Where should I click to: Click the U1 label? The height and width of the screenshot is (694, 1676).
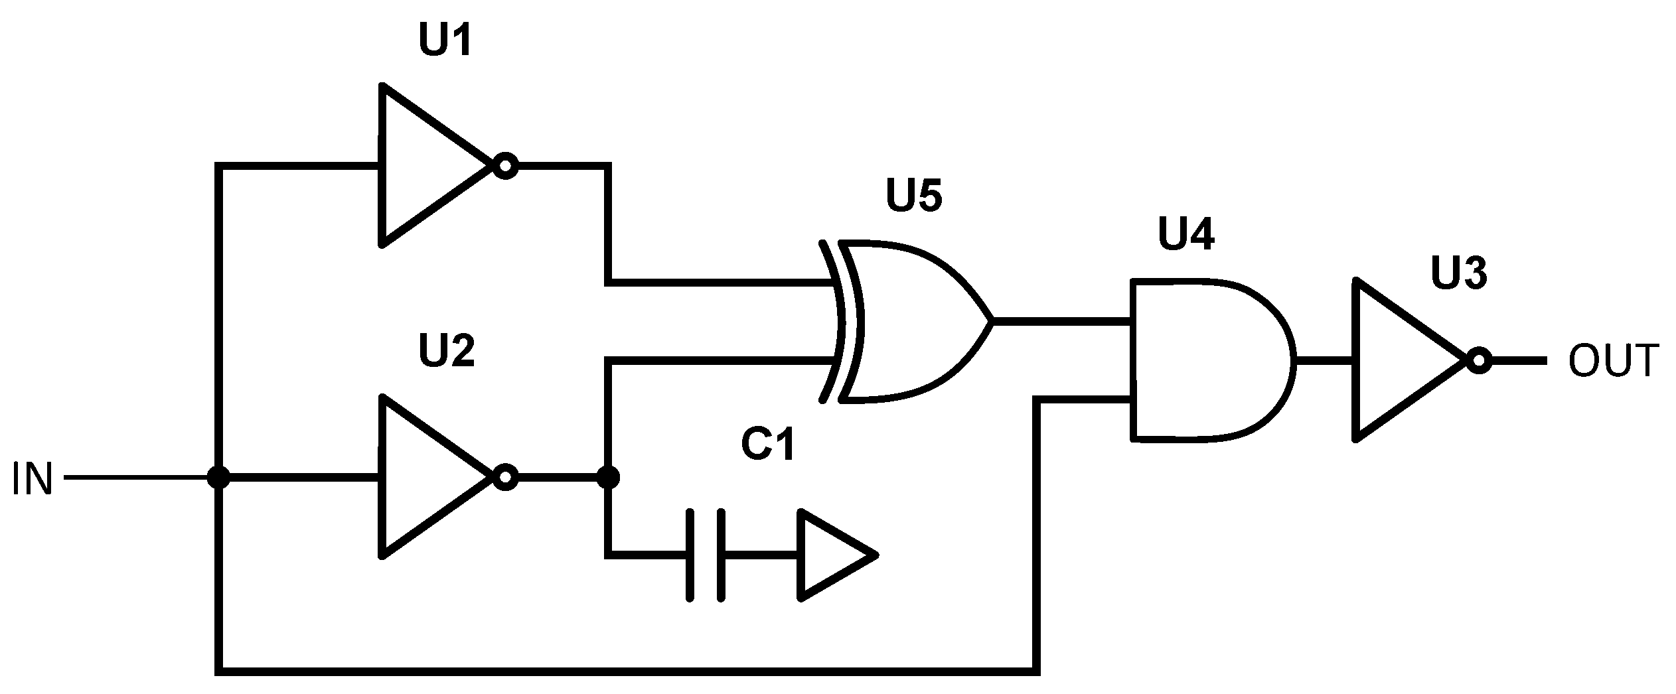click(445, 42)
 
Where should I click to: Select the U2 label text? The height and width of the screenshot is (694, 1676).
click(447, 351)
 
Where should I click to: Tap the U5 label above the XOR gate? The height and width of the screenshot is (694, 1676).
click(913, 196)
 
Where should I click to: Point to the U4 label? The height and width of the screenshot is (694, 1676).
click(1186, 234)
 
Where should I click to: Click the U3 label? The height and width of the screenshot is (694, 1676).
click(1459, 273)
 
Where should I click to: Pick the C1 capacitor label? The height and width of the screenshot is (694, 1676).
click(768, 444)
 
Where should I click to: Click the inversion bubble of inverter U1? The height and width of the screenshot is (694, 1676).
click(506, 166)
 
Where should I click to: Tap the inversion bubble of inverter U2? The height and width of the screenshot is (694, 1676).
click(506, 477)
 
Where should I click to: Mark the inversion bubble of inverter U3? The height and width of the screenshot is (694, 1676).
click(1479, 361)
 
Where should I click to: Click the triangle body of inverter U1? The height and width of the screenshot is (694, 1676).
click(425, 166)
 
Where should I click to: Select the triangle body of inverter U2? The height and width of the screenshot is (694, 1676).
click(425, 477)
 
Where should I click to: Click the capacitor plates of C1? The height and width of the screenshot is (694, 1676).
click(706, 555)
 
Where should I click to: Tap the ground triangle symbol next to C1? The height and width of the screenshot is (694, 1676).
click(830, 555)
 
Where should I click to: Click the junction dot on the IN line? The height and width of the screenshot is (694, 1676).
click(218, 477)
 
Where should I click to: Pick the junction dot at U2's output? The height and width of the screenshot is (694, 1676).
click(608, 477)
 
